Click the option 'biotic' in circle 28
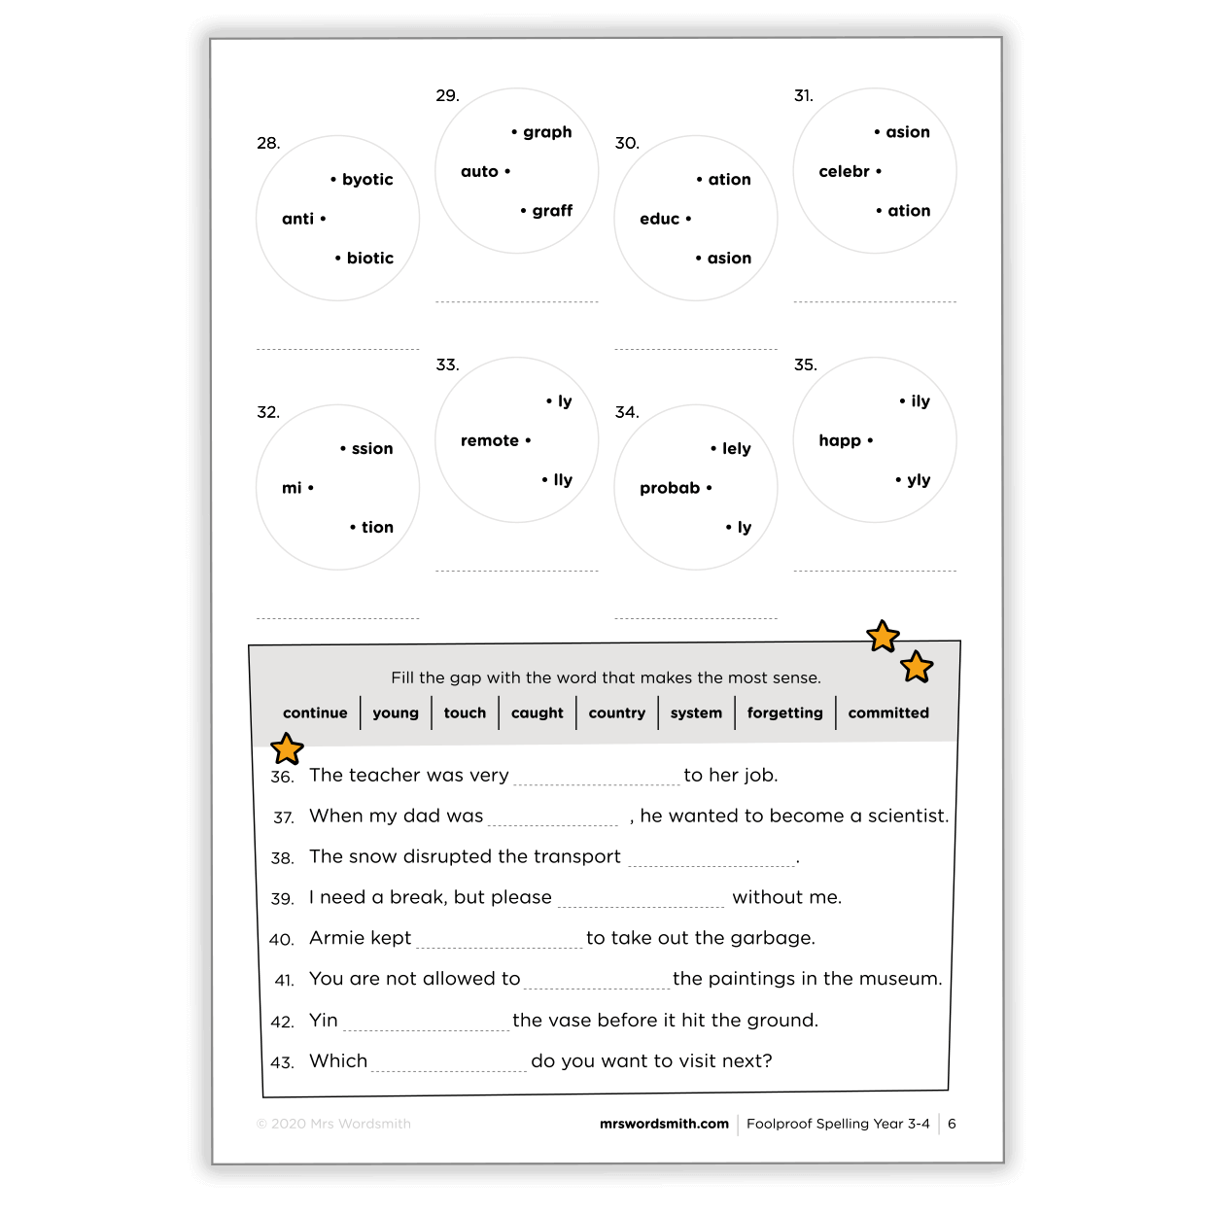369,258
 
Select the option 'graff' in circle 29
552,211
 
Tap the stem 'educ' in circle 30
660,219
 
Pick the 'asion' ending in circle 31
908,132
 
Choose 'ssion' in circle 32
372,448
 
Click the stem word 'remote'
490,440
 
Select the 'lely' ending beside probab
736,448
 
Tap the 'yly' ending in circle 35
919,479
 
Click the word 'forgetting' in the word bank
784,712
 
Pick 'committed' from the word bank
888,712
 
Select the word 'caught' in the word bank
537,712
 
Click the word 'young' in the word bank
396,712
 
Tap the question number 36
282,777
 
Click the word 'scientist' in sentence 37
906,816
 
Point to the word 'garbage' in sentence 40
779,939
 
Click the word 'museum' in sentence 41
906,979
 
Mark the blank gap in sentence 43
449,1061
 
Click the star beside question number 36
287,748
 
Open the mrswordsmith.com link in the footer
664,1124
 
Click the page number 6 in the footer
952,1124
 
